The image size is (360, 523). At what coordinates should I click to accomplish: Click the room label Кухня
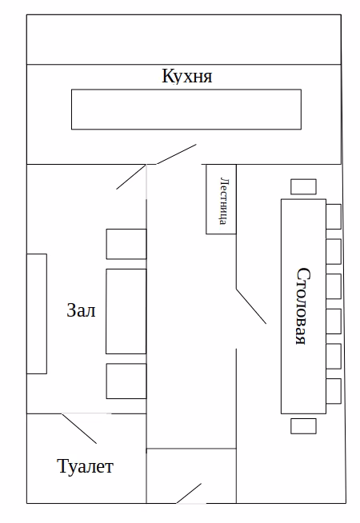tap(187, 76)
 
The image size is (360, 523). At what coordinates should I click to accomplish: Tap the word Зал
tap(81, 310)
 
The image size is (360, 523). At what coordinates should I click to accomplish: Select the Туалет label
tap(86, 466)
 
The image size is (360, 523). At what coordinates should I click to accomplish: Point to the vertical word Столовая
tap(304, 305)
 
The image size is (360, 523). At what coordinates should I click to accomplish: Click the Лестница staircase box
tap(222, 199)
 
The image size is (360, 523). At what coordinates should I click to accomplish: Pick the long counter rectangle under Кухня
tap(186, 110)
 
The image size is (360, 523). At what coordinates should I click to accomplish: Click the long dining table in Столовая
tap(304, 306)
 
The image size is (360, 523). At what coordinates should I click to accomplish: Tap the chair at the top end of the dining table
tap(303, 187)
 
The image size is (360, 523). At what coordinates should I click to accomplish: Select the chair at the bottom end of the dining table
tap(303, 426)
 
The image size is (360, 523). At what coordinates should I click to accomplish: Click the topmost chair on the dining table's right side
tap(334, 217)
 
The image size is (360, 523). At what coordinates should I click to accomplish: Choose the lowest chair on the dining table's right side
tap(334, 391)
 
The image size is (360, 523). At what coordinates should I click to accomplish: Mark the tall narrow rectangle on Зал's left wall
tap(37, 313)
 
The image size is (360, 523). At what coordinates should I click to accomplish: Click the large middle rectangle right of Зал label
tap(126, 311)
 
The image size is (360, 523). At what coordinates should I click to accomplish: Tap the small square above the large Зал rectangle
tap(126, 244)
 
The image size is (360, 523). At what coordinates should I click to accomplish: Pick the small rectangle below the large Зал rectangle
tap(126, 381)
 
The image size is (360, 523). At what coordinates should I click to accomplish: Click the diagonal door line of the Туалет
tap(79, 429)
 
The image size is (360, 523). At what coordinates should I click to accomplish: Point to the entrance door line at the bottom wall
tap(189, 493)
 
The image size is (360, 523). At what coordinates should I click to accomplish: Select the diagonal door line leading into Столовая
tap(251, 306)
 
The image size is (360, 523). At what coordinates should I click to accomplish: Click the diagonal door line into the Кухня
tap(176, 154)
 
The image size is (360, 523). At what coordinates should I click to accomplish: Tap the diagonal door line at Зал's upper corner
tap(131, 177)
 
